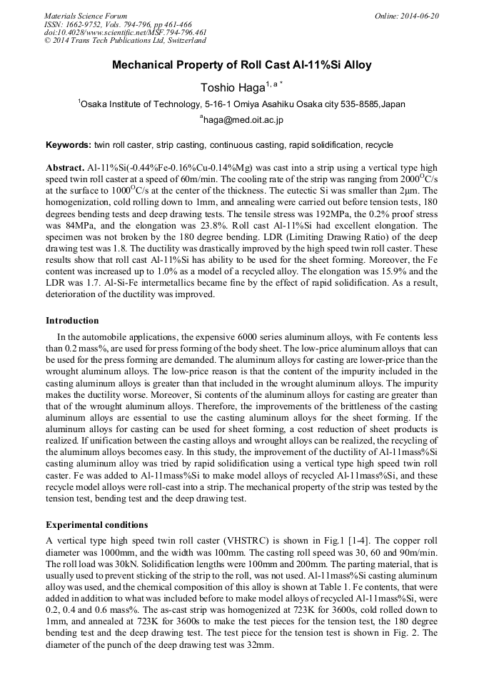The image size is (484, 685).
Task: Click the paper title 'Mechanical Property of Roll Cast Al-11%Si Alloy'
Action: [242, 65]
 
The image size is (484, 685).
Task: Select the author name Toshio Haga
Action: [236, 88]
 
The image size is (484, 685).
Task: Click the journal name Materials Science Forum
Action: [86, 16]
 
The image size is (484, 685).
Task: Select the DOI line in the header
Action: [125, 32]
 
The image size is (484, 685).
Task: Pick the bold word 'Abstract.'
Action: [64, 166]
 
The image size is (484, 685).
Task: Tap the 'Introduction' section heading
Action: [72, 321]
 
